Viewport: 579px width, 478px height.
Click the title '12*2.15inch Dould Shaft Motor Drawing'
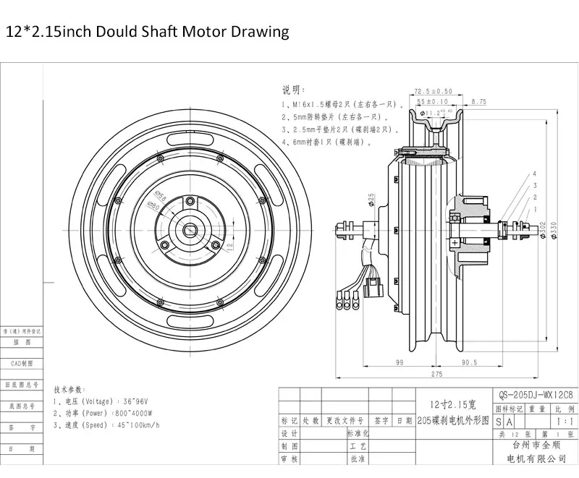point(148,32)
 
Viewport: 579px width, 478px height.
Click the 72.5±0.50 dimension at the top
point(433,92)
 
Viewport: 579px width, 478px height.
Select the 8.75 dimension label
point(478,102)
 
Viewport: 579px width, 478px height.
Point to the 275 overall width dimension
point(436,374)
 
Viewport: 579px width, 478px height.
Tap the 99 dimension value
point(400,362)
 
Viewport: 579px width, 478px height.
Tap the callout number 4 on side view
point(534,174)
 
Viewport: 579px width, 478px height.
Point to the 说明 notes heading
point(291,90)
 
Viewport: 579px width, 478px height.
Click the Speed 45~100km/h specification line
point(106,424)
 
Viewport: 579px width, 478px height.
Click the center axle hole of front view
point(191,231)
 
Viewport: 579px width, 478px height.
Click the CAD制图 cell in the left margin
point(22,363)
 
